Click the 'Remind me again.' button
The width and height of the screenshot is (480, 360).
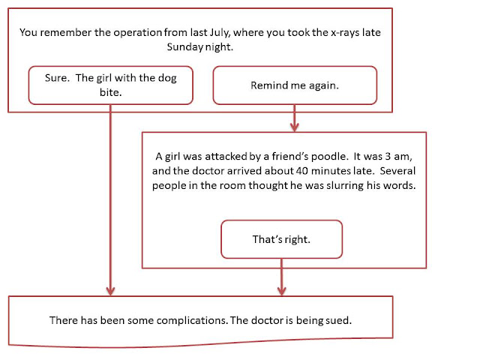click(x=295, y=85)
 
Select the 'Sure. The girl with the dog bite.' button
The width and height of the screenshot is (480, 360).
click(x=110, y=85)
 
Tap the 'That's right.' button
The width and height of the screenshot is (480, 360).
click(x=281, y=239)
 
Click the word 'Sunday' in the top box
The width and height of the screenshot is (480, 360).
click(x=185, y=47)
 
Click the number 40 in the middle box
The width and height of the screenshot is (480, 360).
click(x=302, y=171)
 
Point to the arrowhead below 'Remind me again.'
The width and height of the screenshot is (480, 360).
click(x=295, y=127)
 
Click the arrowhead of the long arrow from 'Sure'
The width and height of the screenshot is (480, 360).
click(x=110, y=291)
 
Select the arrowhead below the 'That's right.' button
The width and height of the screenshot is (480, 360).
click(x=282, y=291)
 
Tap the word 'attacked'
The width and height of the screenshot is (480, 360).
click(x=226, y=157)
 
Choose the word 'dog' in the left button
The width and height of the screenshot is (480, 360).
click(x=167, y=78)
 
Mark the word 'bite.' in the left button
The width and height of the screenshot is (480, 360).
click(x=110, y=92)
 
